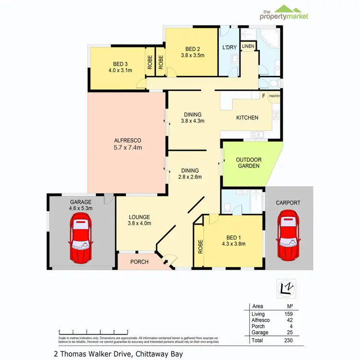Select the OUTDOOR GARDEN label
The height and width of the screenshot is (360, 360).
click(x=248, y=163)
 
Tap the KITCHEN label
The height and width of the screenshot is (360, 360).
click(x=247, y=118)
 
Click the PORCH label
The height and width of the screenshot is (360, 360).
click(x=139, y=262)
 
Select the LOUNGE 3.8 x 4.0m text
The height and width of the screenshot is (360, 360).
click(x=139, y=220)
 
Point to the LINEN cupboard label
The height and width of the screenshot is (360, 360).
click(x=248, y=46)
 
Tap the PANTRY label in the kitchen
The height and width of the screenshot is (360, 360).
click(x=274, y=96)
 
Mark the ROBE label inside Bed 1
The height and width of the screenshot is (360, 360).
click(x=199, y=245)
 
